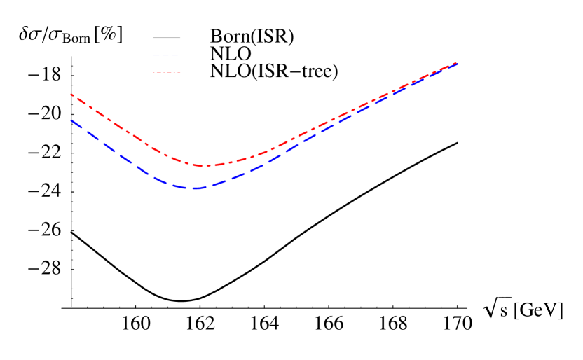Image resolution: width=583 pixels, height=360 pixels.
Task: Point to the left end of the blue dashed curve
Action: tap(70, 120)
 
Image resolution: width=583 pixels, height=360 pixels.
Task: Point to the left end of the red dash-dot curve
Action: tap(71, 94)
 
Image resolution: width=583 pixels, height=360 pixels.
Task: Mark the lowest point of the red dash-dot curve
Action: tap(205, 166)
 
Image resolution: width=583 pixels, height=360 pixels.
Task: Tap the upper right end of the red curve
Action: tap(457, 63)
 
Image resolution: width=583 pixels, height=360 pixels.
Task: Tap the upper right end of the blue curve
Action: tap(457, 64)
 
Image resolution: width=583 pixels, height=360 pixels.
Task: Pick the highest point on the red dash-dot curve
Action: tap(457, 63)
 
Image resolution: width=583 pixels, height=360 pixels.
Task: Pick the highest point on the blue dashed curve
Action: tap(457, 64)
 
